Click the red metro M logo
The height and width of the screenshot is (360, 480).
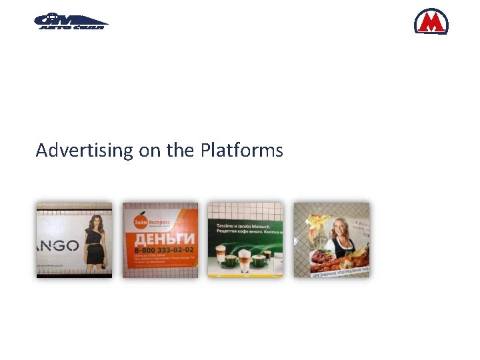point(431,21)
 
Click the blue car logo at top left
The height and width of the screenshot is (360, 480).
point(71,22)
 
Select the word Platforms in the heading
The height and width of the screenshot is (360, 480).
point(241,151)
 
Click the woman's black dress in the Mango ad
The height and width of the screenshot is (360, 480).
point(95,249)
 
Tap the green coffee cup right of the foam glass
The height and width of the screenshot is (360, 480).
point(259,260)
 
